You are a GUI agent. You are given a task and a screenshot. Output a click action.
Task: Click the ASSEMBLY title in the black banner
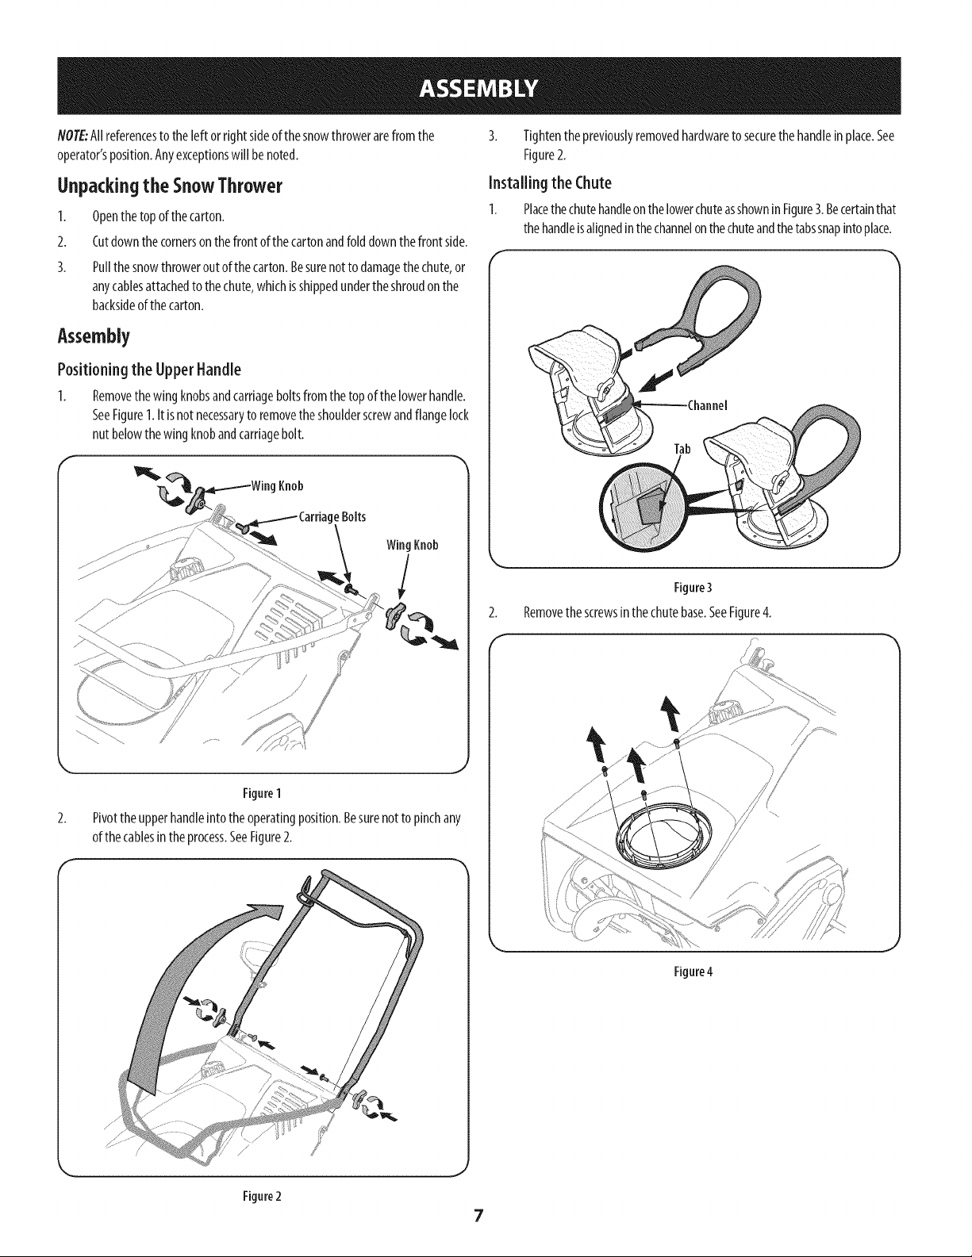coord(478,89)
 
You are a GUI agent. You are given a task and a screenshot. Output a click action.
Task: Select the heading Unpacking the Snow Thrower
coord(170,186)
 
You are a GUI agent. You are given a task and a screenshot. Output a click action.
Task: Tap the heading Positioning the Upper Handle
coord(149,370)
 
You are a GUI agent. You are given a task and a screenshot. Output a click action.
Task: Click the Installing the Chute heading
coord(550,182)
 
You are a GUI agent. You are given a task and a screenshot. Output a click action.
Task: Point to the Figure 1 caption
coord(262,793)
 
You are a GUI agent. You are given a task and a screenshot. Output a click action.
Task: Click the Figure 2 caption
coord(262,1196)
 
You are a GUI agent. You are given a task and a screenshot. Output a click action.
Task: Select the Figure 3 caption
coord(693,588)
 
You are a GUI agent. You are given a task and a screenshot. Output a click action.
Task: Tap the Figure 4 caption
coord(693,971)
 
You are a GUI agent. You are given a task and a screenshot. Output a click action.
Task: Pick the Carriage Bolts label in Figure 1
coord(332,516)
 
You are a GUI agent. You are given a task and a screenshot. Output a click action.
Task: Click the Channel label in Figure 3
coord(706,405)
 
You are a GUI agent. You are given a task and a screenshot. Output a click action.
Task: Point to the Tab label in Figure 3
coord(682,450)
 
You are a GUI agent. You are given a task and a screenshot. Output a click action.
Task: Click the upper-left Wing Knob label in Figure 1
coord(277,486)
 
